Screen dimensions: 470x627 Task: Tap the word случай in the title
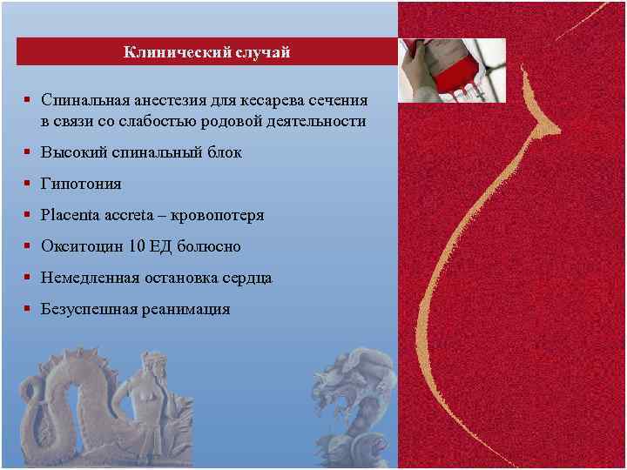(x=260, y=53)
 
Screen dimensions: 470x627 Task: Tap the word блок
(x=224, y=152)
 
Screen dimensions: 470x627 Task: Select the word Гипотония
(x=81, y=185)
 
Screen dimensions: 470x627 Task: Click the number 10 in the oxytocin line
(x=136, y=246)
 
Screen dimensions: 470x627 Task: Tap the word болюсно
(x=209, y=246)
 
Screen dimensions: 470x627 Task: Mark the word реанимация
(x=187, y=309)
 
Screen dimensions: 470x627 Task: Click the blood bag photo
(x=451, y=70)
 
